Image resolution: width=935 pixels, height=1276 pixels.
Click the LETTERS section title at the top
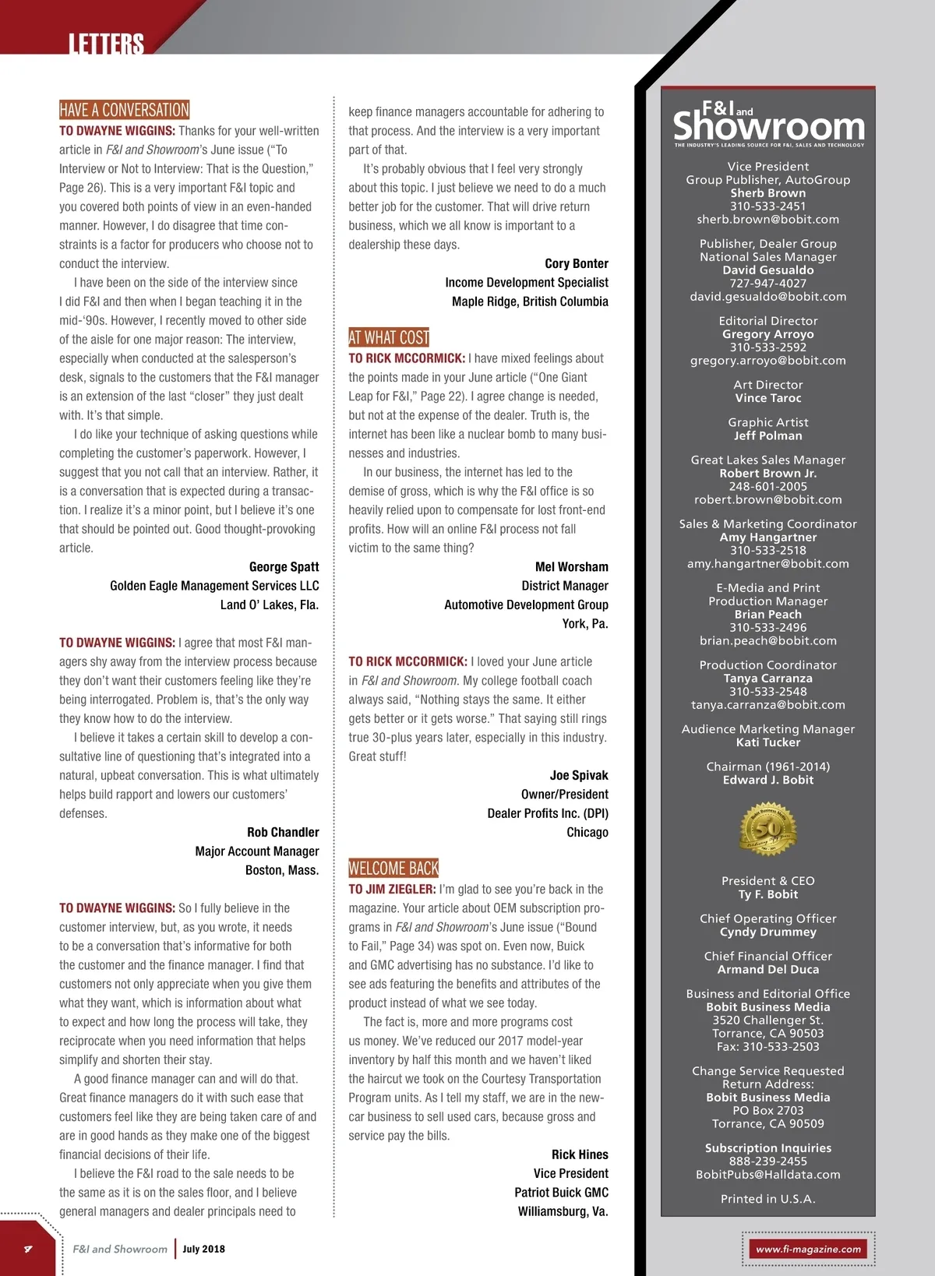pyautogui.click(x=106, y=44)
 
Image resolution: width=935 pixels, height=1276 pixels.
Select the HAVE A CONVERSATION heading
pyautogui.click(x=125, y=110)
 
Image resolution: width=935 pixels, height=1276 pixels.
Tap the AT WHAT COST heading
pyautogui.click(x=389, y=337)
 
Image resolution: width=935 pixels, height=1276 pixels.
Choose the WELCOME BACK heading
pyautogui.click(x=393, y=868)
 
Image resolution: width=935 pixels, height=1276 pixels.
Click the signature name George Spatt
pyautogui.click(x=284, y=567)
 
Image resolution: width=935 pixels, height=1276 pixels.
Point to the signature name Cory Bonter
pyautogui.click(x=577, y=263)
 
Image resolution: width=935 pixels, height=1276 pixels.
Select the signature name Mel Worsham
pyautogui.click(x=571, y=567)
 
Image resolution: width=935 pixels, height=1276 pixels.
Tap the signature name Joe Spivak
pyautogui.click(x=579, y=775)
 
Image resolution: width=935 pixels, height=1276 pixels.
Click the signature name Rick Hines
pyautogui.click(x=580, y=1154)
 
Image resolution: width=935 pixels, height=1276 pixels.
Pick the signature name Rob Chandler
pyautogui.click(x=283, y=832)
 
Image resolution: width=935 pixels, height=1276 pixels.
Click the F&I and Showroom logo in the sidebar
pyautogui.click(x=768, y=123)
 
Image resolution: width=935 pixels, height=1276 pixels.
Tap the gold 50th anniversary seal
pyautogui.click(x=767, y=830)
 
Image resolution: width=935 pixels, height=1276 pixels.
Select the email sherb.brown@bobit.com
pyautogui.click(x=767, y=220)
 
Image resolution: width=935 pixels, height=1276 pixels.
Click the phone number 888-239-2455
pyautogui.click(x=767, y=1161)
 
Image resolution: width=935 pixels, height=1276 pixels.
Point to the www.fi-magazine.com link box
pyautogui.click(x=808, y=1249)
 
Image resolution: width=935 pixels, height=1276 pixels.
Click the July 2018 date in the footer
pyautogui.click(x=203, y=1249)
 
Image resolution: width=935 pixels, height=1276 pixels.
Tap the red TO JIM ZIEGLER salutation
pyautogui.click(x=392, y=890)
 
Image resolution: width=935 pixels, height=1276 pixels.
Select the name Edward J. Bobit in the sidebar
pyautogui.click(x=767, y=780)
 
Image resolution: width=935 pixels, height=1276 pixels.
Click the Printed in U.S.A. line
pyautogui.click(x=767, y=1199)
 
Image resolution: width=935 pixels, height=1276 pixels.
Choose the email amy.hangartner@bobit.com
pyautogui.click(x=767, y=564)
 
